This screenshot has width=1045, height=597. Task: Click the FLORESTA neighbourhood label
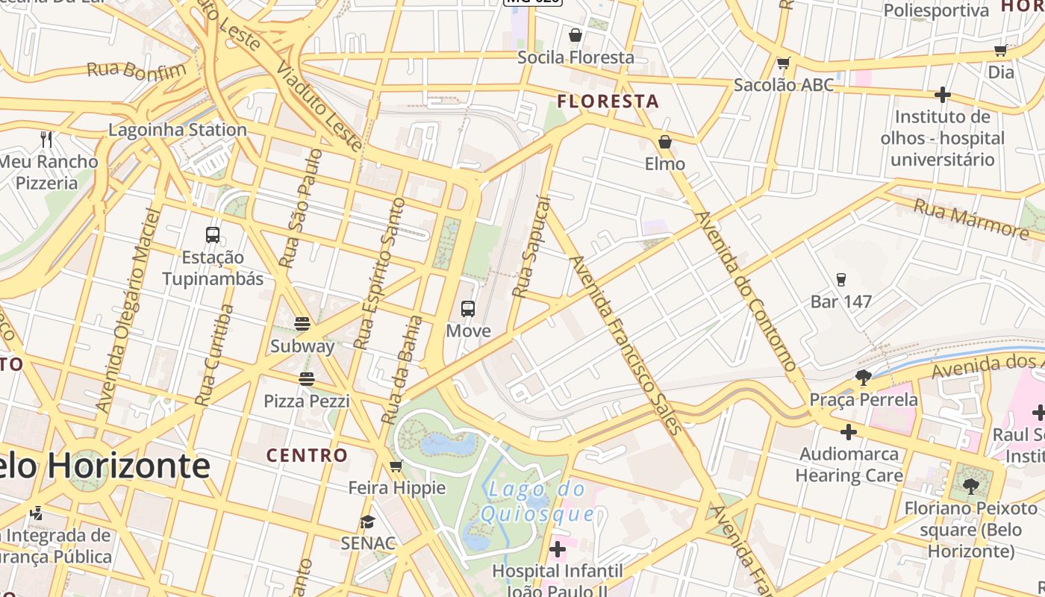[608, 101]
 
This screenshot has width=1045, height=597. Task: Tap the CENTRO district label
[307, 455]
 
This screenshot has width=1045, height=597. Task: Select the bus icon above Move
[468, 308]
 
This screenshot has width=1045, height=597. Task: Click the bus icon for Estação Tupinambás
[213, 235]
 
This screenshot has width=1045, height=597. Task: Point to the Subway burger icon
[302, 324]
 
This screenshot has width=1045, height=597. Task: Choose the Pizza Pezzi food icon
[306, 379]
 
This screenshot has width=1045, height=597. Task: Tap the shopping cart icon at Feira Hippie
[396, 466]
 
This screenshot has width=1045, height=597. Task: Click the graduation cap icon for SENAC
[367, 522]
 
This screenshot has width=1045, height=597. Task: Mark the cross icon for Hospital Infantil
[558, 550]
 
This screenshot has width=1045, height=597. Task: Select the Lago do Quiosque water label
[537, 502]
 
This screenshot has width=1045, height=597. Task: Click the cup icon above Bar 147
[841, 280]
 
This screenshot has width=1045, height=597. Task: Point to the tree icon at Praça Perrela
[864, 378]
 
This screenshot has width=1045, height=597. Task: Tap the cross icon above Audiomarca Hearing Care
[849, 432]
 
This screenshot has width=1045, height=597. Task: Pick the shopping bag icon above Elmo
[664, 142]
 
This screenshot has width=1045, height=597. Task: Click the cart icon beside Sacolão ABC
[783, 63]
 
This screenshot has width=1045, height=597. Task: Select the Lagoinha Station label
[178, 130]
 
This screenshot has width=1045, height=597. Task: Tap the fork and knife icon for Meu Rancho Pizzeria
[46, 139]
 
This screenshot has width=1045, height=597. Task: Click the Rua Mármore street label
[971, 218]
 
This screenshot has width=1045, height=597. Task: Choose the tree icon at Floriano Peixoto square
[970, 487]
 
